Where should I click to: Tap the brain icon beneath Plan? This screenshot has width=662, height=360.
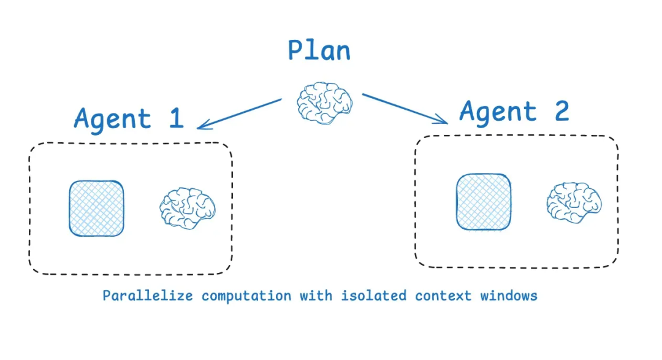(325, 104)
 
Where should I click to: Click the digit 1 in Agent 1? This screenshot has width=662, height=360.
(176, 118)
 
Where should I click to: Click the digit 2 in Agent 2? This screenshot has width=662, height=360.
(560, 111)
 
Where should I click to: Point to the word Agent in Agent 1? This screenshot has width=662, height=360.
(112, 120)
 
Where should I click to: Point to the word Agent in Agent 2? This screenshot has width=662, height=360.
(498, 112)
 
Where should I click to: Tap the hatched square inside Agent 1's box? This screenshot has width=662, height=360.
(96, 209)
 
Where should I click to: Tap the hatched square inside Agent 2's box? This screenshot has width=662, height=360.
(484, 202)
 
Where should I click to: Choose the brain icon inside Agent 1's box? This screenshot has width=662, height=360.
(188, 209)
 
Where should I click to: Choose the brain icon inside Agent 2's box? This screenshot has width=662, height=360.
(574, 202)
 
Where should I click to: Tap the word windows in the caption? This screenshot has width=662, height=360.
(509, 296)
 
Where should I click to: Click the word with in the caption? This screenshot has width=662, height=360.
(315, 296)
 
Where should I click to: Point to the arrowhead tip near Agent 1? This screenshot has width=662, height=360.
(198, 128)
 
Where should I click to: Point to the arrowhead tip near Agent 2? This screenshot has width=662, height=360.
(447, 123)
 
